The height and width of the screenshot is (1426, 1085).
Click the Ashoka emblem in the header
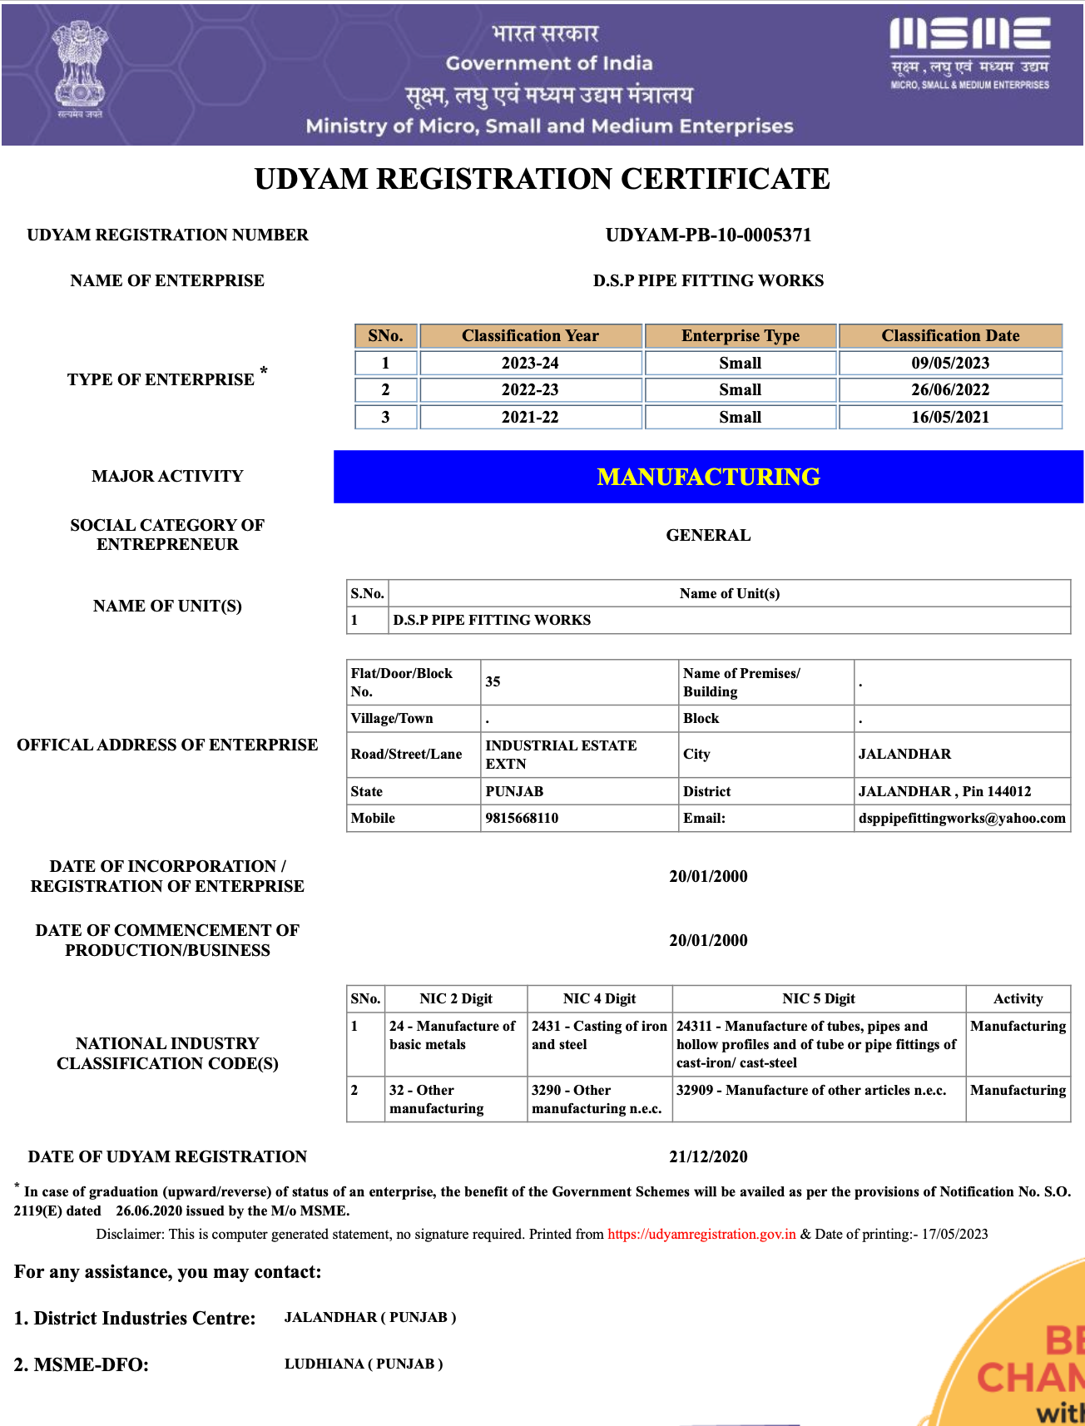tap(80, 72)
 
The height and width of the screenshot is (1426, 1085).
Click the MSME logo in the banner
tap(969, 52)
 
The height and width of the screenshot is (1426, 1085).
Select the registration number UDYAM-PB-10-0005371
tap(708, 235)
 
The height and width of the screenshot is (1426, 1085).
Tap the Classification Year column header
tap(530, 336)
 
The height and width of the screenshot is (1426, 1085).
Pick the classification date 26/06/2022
tap(949, 390)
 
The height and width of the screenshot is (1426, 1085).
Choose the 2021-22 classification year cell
tap(530, 417)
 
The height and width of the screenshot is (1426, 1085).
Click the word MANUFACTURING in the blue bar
tap(708, 477)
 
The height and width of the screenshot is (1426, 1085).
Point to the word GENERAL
tap(708, 536)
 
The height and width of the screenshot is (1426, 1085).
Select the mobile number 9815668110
tap(522, 818)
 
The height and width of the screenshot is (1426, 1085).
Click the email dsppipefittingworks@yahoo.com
tap(961, 818)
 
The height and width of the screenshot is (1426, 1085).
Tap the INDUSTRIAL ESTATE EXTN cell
tap(561, 755)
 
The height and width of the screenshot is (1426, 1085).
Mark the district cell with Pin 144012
tap(944, 791)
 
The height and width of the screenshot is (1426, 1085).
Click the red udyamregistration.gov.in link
tap(701, 1234)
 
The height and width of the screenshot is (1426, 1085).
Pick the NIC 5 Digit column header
tap(818, 998)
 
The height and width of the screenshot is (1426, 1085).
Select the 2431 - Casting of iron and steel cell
tap(599, 1036)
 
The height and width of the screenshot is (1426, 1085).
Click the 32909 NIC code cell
tap(811, 1091)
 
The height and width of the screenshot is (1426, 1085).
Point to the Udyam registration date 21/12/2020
tap(708, 1156)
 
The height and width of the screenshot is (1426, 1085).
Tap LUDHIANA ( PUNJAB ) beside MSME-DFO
tap(364, 1364)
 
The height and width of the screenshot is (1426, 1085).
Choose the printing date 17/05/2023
tap(954, 1234)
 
